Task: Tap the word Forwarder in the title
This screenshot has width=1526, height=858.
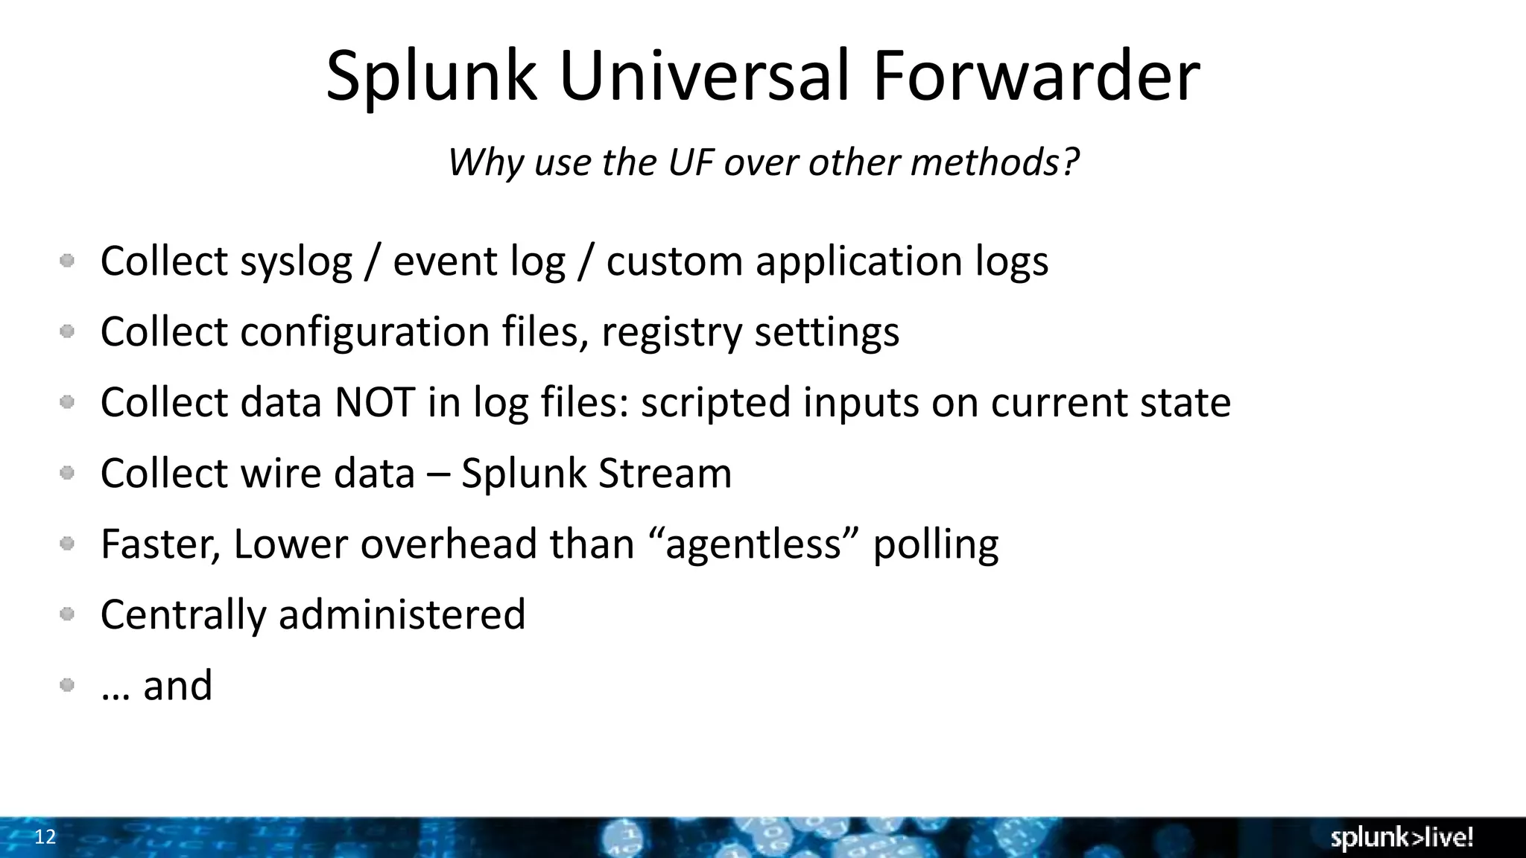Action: pyautogui.click(x=1036, y=76)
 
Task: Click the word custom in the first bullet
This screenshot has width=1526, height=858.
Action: pyautogui.click(x=674, y=262)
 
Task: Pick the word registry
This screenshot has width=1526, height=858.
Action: pyautogui.click(x=672, y=333)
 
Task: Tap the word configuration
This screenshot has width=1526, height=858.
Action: pyautogui.click(x=364, y=333)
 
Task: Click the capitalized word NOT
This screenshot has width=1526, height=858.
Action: pyautogui.click(x=375, y=403)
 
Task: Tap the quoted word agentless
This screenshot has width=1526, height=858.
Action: pyautogui.click(x=753, y=544)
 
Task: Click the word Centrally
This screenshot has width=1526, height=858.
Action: pyautogui.click(x=183, y=615)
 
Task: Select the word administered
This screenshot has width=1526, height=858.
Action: pyautogui.click(x=402, y=615)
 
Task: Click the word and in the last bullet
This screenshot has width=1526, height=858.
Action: pyautogui.click(x=177, y=686)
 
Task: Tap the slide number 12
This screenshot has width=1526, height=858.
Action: pyautogui.click(x=45, y=837)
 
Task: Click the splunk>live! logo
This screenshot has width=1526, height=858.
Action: pyautogui.click(x=1402, y=838)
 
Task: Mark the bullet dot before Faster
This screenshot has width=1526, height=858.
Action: pyautogui.click(x=67, y=544)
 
